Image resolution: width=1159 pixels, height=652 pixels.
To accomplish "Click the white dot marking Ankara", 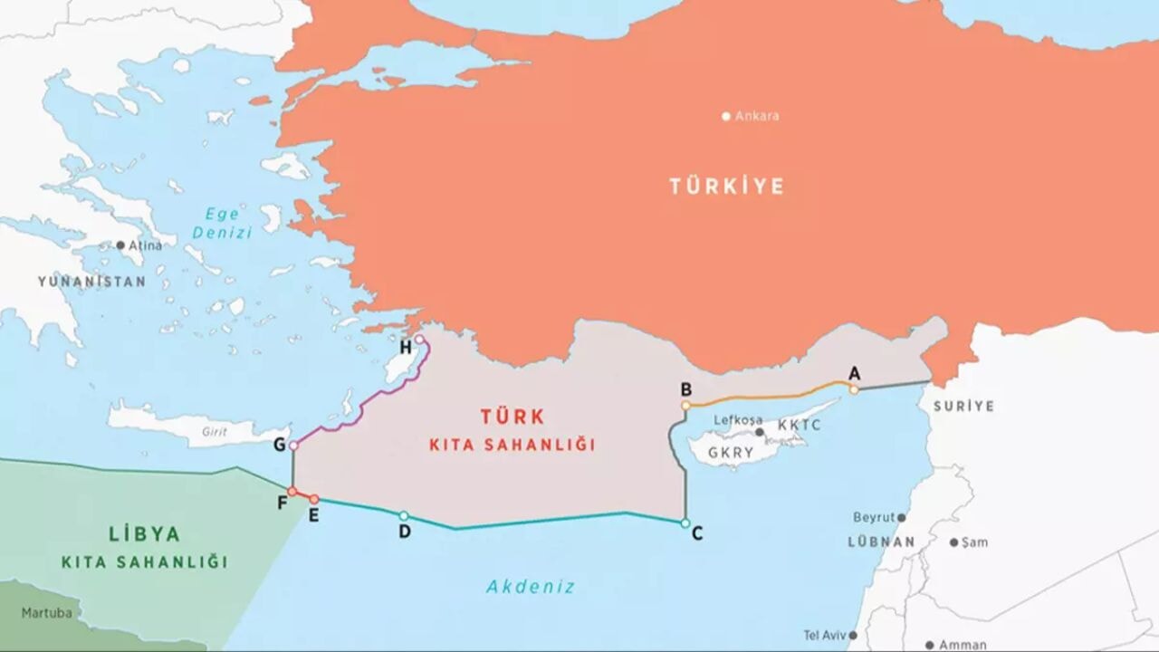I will (x=725, y=116).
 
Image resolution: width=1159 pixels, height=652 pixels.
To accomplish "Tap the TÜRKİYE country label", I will (x=726, y=187).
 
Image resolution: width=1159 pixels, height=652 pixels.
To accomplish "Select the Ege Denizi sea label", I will (x=221, y=223).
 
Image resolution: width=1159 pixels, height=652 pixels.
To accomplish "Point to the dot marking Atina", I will (x=120, y=245).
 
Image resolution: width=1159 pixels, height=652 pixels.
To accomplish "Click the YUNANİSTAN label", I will (x=91, y=282).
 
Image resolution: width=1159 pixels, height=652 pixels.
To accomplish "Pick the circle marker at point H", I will (x=419, y=340).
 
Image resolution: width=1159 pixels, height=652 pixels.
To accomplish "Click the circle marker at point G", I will (x=293, y=446).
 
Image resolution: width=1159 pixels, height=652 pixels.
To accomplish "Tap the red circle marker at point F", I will (x=292, y=492).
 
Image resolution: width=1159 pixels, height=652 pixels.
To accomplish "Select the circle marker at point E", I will (x=314, y=499).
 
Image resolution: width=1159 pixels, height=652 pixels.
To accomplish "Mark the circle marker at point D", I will (x=404, y=515).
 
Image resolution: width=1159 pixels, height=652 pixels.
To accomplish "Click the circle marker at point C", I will (x=685, y=523).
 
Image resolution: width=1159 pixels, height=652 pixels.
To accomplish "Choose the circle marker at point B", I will (x=686, y=405).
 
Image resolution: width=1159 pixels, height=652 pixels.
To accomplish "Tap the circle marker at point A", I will (x=853, y=389).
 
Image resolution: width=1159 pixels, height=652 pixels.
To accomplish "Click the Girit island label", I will (x=215, y=432).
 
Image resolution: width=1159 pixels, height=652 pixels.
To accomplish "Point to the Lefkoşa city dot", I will (x=759, y=432).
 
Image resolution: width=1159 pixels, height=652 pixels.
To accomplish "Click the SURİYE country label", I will (x=963, y=407).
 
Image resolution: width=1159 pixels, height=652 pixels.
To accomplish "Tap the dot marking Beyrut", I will (x=901, y=517).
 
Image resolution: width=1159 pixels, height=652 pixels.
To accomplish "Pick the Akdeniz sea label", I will (x=531, y=586).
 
